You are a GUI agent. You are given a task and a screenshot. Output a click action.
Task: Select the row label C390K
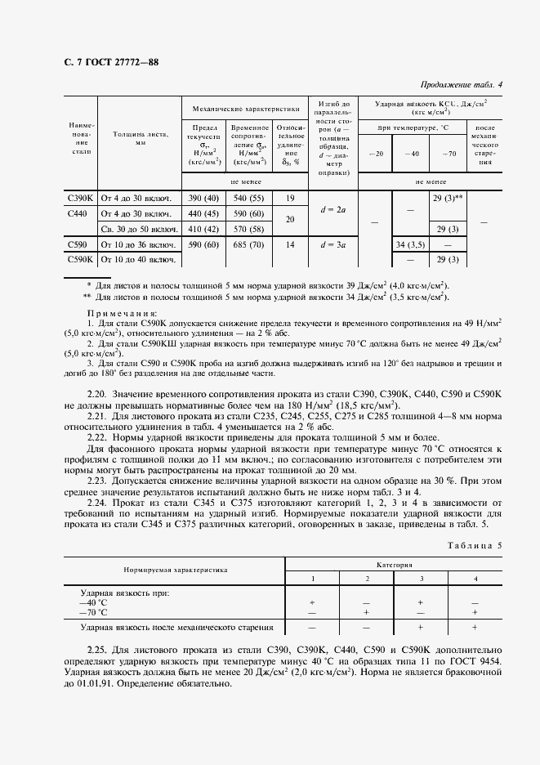(81, 199)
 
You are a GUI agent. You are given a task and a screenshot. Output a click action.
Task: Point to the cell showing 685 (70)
(249, 244)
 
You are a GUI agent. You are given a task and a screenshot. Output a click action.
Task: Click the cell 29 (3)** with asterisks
(448, 199)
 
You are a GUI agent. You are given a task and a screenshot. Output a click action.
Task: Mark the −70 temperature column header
(448, 154)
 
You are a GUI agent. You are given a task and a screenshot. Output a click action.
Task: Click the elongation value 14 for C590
(289, 244)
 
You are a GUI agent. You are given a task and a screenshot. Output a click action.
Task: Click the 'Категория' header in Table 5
(394, 565)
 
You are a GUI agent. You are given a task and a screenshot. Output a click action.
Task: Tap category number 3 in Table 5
(421, 579)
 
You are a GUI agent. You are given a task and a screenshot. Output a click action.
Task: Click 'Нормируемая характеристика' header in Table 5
(176, 571)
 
